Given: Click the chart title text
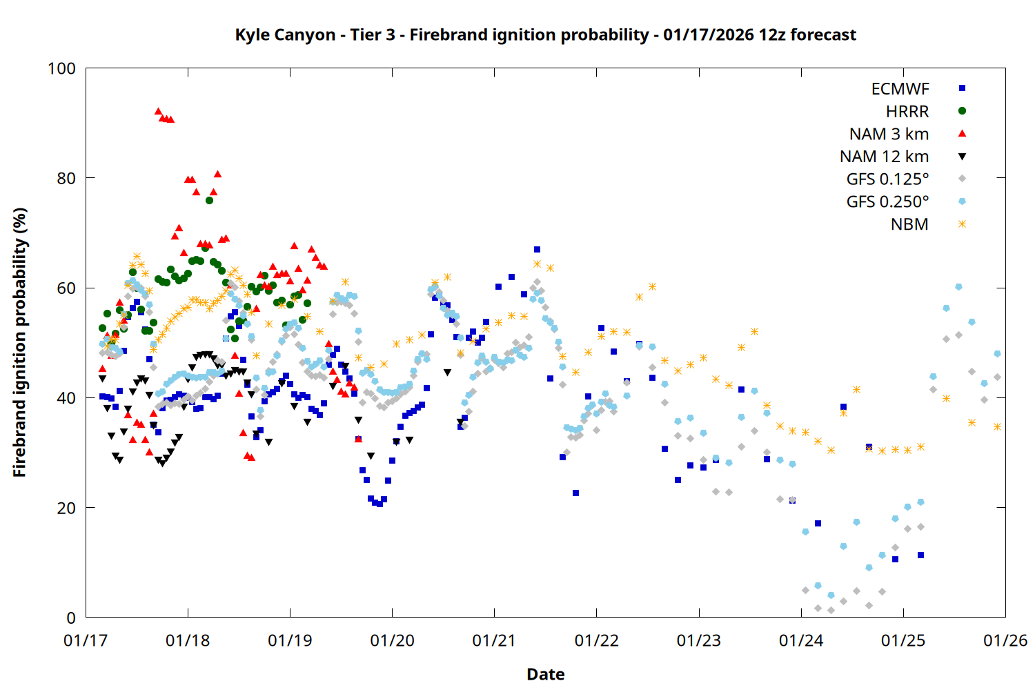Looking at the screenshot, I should pos(545,34).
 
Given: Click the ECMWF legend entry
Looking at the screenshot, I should pos(900,89).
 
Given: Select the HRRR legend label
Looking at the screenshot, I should pos(907,112).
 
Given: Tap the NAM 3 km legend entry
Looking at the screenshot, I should pos(889,134).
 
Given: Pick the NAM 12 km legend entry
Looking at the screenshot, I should pos(884,157).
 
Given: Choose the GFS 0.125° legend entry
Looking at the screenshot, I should pos(887,179).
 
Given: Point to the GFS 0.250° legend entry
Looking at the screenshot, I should pos(887,202).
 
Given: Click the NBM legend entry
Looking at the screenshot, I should pos(909,225).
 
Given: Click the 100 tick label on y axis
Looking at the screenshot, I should pos(61,68).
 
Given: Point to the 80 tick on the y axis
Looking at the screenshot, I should pos(66,178).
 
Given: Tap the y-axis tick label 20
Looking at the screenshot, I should pos(66,508).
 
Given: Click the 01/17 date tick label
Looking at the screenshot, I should pos(86,641).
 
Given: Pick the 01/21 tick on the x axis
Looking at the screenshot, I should pos(494,641).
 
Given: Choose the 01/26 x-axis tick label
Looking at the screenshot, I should pos(1005,641).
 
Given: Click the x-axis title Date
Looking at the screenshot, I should pos(545,674).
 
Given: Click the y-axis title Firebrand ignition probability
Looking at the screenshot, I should pos(19,342).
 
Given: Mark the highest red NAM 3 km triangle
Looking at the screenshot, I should pos(158,111).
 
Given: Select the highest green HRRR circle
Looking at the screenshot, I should pos(209,200).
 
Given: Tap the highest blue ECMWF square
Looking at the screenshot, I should pos(537,249).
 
